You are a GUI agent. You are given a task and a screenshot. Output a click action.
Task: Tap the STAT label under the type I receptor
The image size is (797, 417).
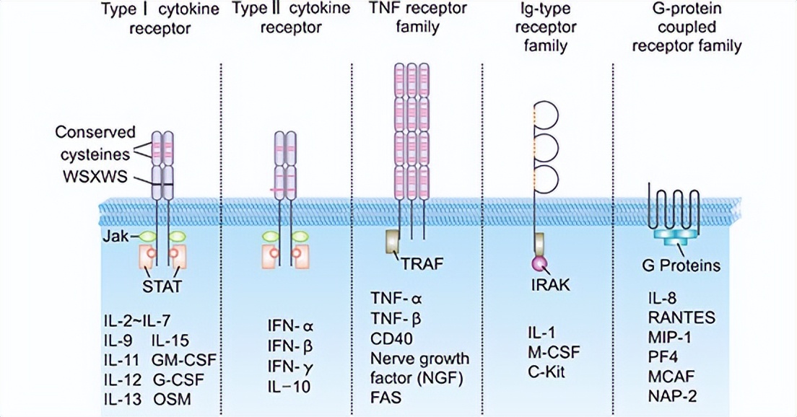point(162,287)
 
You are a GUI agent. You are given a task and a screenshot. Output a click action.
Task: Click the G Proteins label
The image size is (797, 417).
point(681,265)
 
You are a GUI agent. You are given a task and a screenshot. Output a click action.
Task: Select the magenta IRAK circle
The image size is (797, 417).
point(539,264)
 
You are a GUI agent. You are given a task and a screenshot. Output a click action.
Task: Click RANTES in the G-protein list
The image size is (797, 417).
point(681,317)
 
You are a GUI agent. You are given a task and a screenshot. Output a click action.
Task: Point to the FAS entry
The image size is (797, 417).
point(386,398)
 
